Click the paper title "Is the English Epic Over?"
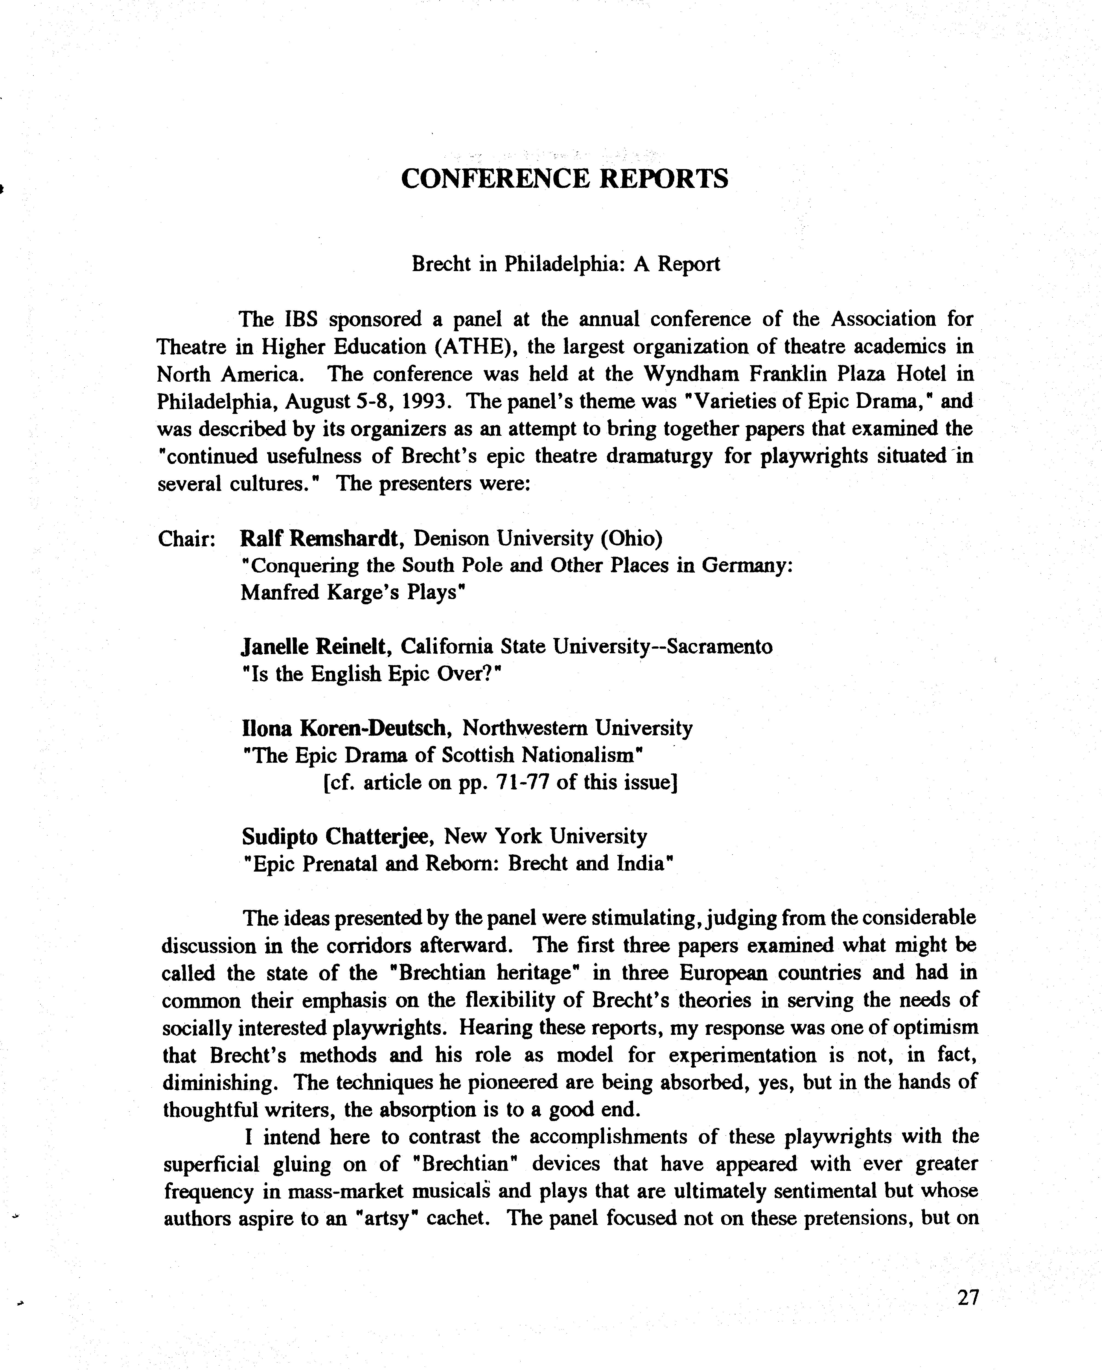[x=372, y=674]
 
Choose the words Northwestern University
[x=577, y=728]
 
